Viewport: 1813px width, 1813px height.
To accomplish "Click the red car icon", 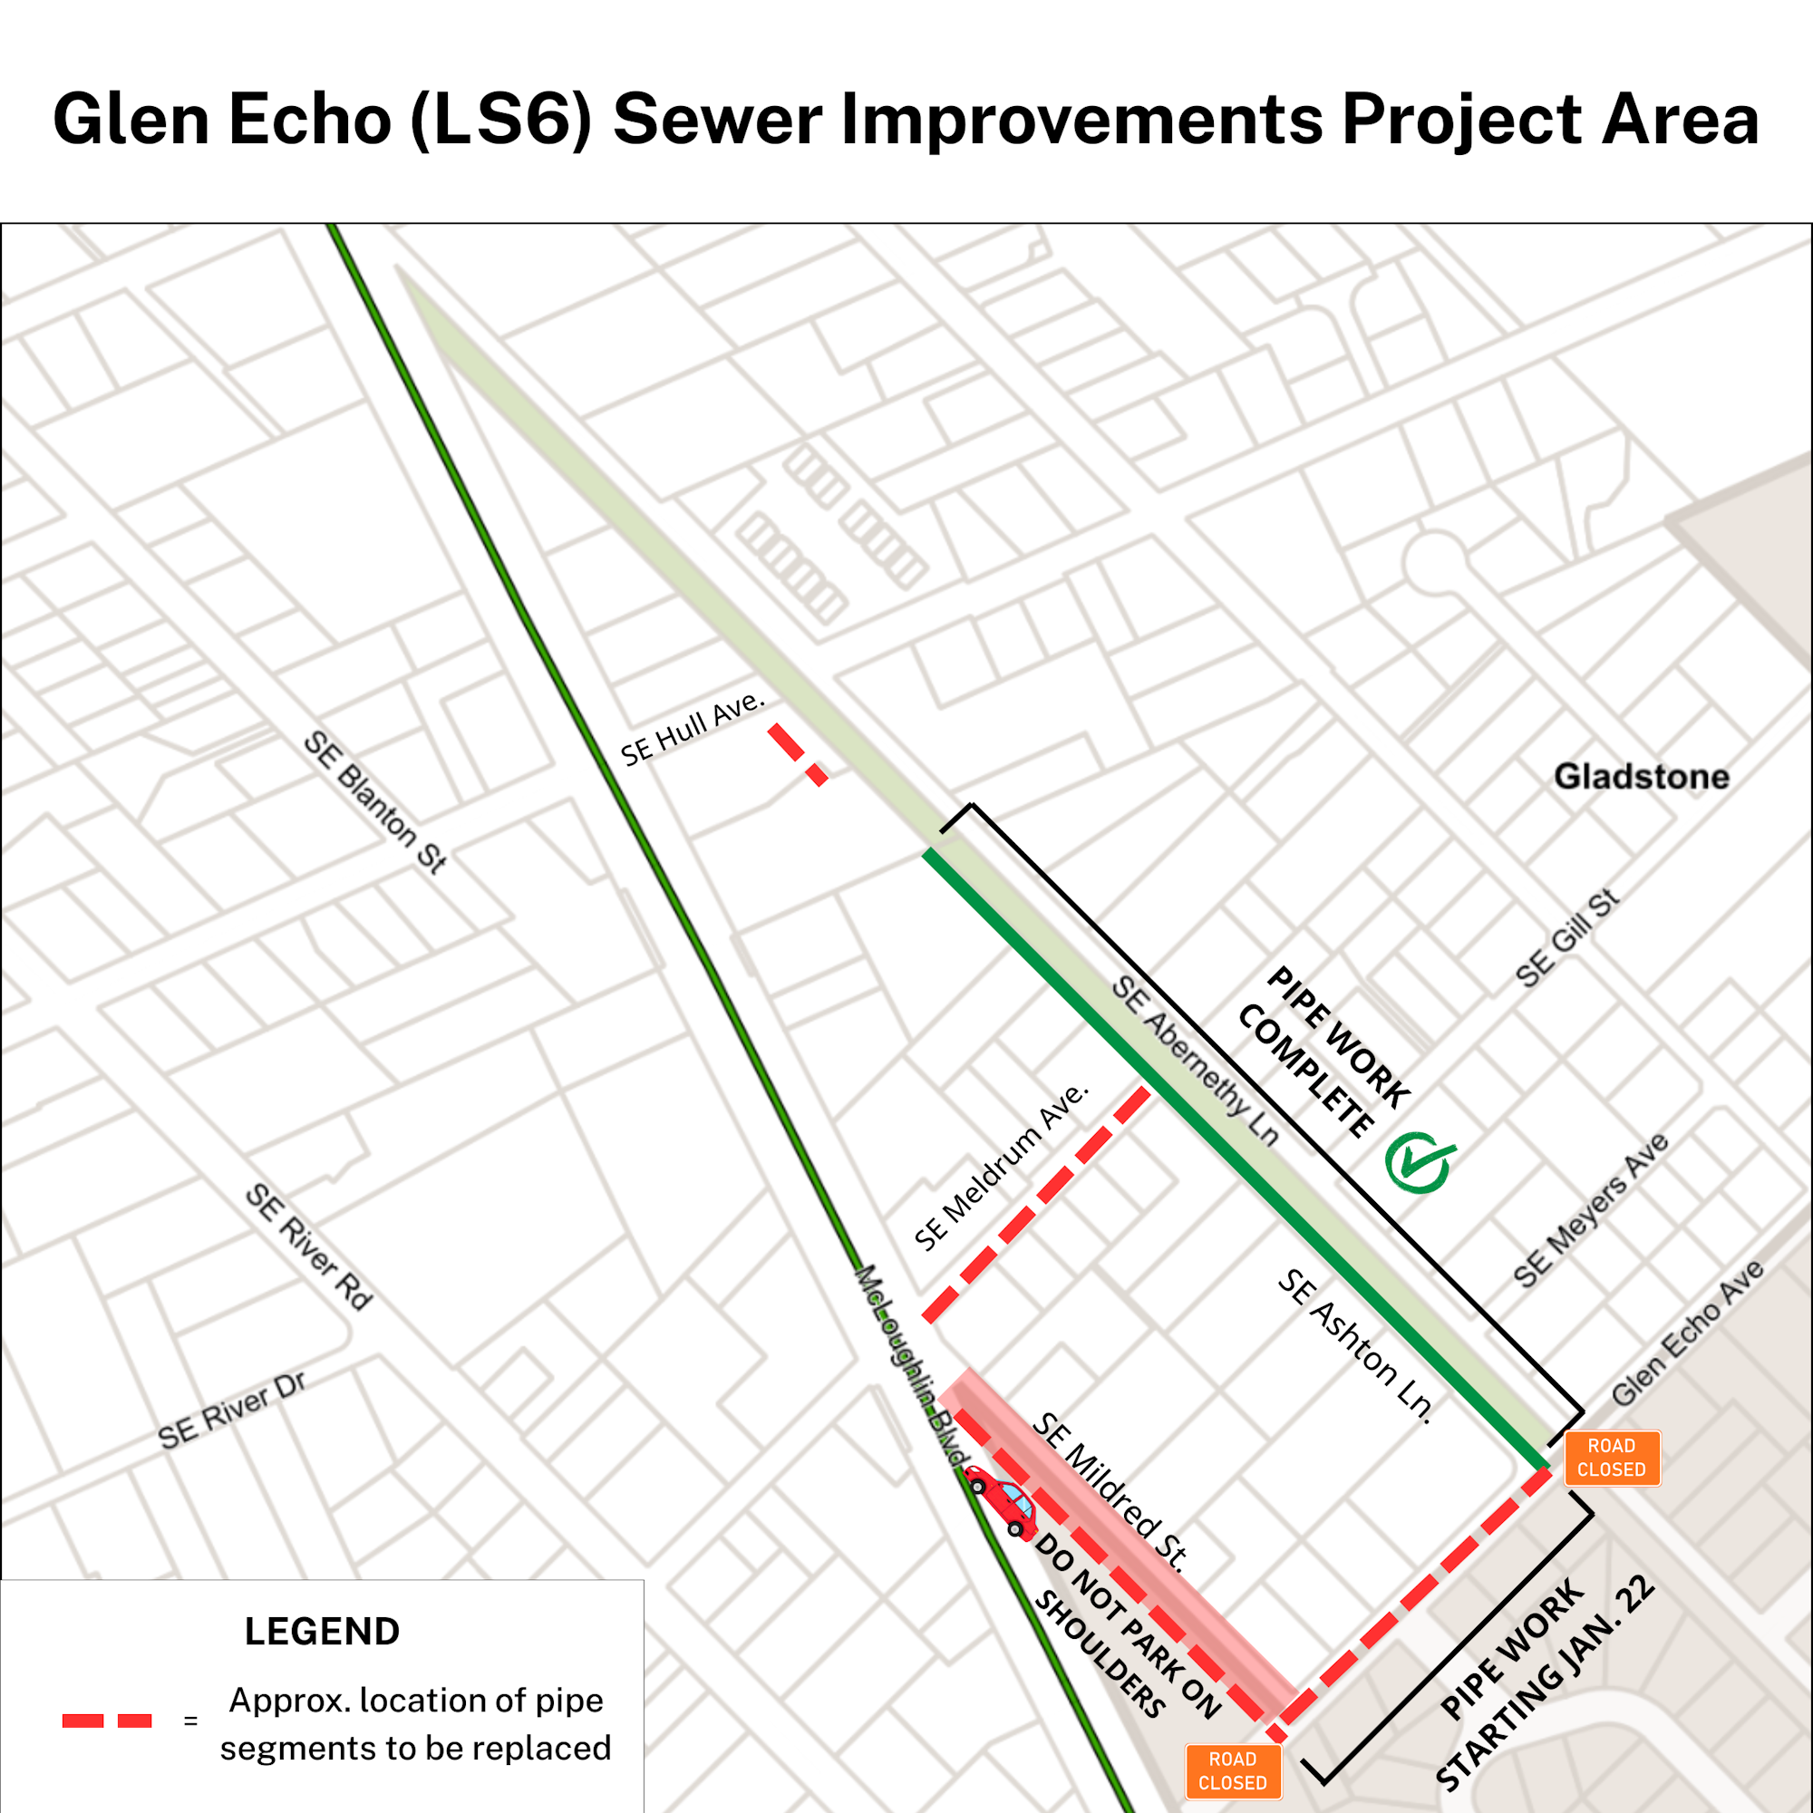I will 1003,1500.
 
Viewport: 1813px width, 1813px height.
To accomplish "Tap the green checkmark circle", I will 1419,1162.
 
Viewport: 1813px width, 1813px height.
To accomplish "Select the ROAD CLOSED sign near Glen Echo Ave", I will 1611,1458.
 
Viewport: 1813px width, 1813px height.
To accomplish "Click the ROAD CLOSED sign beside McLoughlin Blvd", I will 1233,1770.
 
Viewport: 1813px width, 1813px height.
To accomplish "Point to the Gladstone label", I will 1642,777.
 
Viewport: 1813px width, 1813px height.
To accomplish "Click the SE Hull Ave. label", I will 693,729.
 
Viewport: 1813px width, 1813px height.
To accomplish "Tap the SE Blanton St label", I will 375,802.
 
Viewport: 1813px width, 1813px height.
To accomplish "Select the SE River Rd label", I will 309,1246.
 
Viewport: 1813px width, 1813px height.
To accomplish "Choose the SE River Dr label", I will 232,1411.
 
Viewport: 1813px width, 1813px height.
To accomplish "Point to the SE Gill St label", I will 1567,937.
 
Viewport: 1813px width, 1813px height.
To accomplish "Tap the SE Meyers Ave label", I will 1591,1210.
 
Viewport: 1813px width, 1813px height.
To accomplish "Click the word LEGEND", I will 322,1631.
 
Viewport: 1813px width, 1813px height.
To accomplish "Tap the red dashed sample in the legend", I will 107,1721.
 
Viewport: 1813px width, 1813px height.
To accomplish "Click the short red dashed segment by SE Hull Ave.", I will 798,754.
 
